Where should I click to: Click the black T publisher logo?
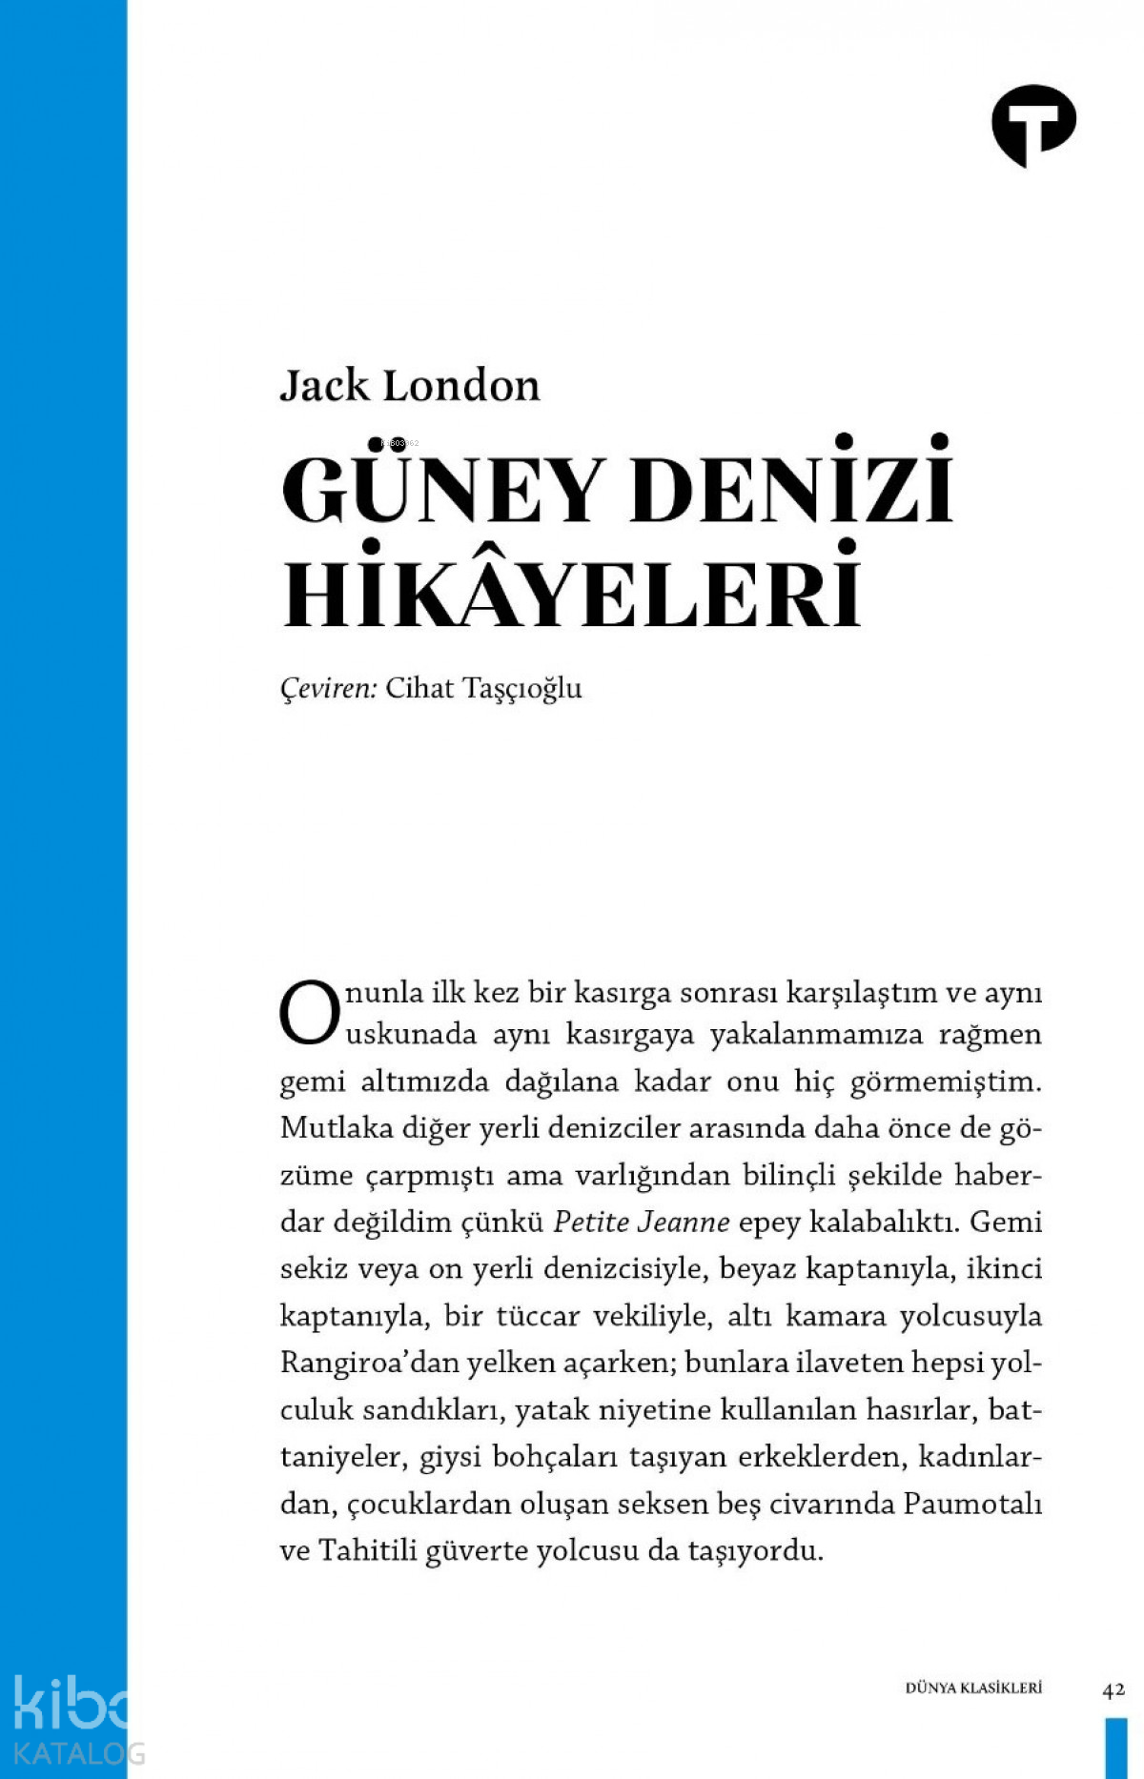[1033, 125]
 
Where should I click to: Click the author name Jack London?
[410, 386]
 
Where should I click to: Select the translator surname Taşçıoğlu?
[521, 689]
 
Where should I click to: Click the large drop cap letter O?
[309, 1013]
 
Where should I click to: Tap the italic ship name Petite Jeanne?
[642, 1222]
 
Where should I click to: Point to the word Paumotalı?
[971, 1504]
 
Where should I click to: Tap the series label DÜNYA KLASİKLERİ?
[973, 1688]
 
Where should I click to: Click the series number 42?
[1113, 1689]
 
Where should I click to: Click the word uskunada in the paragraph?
[411, 1035]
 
